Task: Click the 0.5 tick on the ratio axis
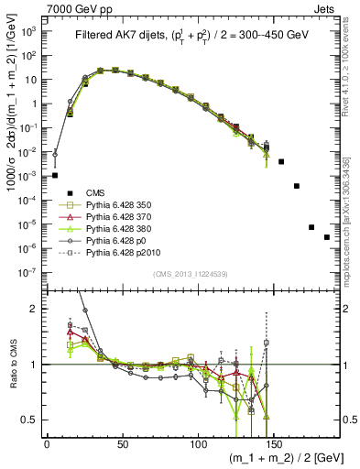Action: pyautogui.click(x=31, y=420)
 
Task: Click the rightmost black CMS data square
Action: pyautogui.click(x=327, y=237)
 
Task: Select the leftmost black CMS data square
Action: pyautogui.click(x=55, y=175)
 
